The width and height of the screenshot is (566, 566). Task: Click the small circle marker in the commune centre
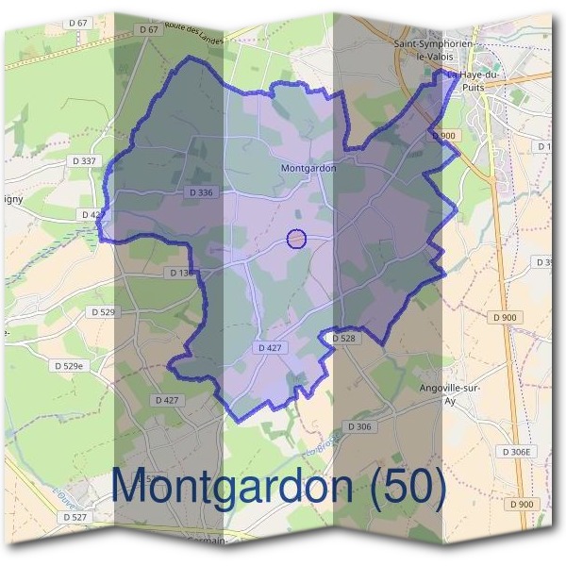coord(296,239)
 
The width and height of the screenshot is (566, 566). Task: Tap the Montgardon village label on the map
coord(308,169)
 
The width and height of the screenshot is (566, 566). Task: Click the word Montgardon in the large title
coord(235,486)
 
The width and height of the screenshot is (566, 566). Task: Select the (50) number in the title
coord(408,486)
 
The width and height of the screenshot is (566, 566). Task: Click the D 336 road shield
coord(201,192)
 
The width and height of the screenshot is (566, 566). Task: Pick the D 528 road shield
coord(341,337)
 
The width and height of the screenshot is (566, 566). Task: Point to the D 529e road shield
coord(69,365)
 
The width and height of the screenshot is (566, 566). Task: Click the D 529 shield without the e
coord(102,311)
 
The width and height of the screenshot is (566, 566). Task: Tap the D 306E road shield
coord(517,452)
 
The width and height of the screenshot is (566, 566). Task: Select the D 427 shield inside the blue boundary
coord(270,348)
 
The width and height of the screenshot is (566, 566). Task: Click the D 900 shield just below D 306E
coord(521,505)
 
